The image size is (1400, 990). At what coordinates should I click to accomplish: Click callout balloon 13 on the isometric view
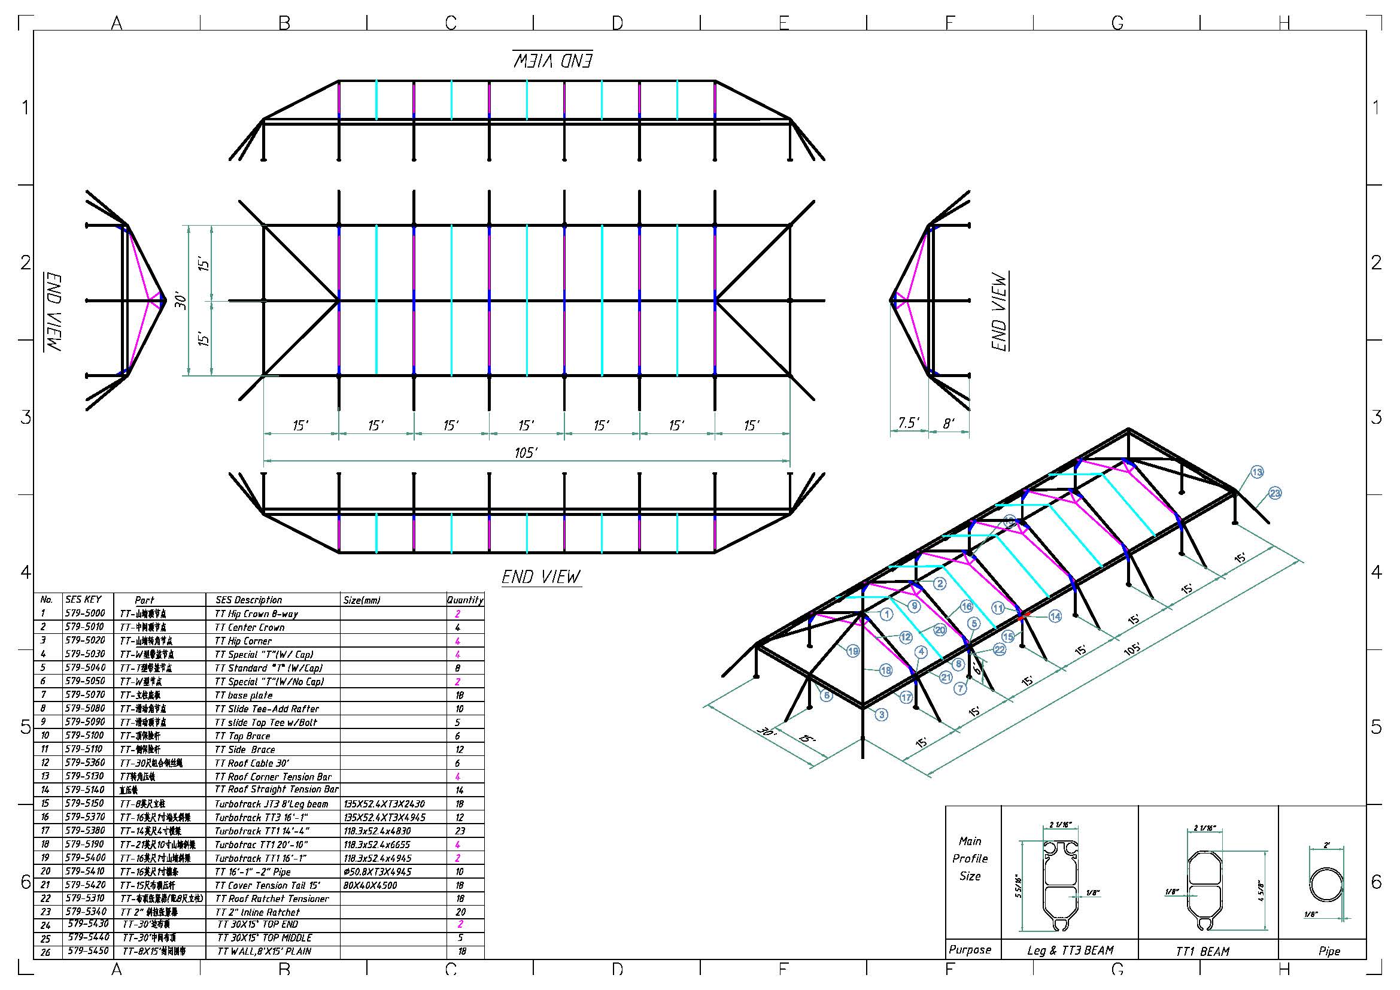pyautogui.click(x=1257, y=472)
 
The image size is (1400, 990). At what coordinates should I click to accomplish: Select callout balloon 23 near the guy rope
pyautogui.click(x=1275, y=493)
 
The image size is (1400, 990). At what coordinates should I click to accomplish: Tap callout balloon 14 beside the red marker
pyautogui.click(x=1055, y=617)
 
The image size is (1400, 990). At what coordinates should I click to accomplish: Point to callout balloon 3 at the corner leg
pyautogui.click(x=881, y=715)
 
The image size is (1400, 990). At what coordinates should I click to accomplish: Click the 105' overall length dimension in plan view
pyautogui.click(x=526, y=453)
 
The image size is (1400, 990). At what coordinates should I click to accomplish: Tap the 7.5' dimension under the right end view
pyautogui.click(x=909, y=423)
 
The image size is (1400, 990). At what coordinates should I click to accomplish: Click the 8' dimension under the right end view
pyautogui.click(x=949, y=423)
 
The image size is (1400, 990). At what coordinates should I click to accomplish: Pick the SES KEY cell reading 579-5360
pyautogui.click(x=85, y=763)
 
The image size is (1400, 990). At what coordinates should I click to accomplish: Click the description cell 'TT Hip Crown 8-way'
pyautogui.click(x=257, y=614)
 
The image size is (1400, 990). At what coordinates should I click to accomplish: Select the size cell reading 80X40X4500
pyautogui.click(x=370, y=885)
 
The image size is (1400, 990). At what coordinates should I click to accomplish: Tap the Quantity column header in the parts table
pyautogui.click(x=464, y=600)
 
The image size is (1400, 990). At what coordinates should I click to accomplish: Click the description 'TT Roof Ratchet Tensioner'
pyautogui.click(x=272, y=898)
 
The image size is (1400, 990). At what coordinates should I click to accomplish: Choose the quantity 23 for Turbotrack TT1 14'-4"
pyautogui.click(x=460, y=831)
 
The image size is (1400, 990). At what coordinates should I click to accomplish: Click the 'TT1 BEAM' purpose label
pyautogui.click(x=1202, y=951)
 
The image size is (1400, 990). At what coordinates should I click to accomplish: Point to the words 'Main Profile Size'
pyautogui.click(x=970, y=858)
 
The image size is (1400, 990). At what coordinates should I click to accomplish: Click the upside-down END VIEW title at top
pyautogui.click(x=552, y=60)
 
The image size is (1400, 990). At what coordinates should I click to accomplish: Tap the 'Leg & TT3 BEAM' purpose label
pyautogui.click(x=1070, y=950)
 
